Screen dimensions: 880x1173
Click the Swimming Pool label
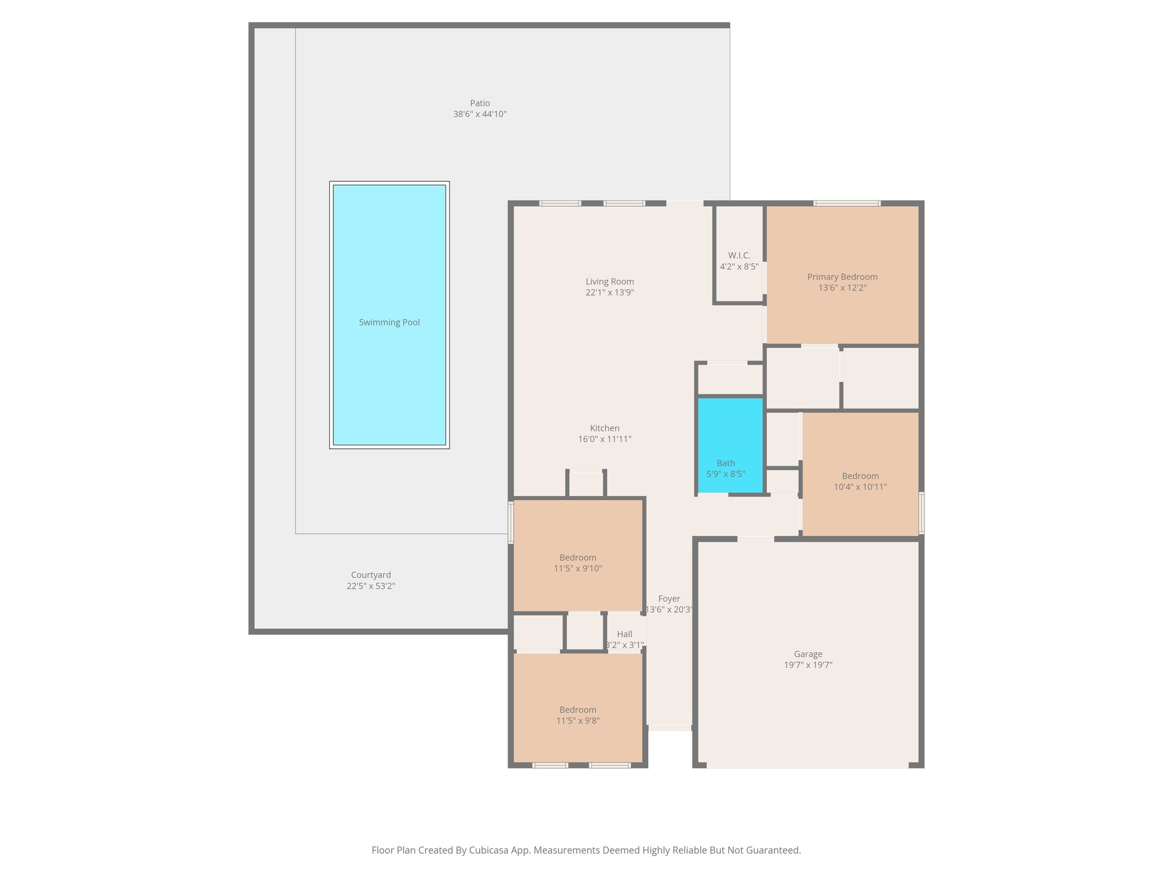389,323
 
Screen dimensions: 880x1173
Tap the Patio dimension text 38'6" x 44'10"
479,114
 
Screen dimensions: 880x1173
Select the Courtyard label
371,575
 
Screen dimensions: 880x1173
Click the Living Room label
609,281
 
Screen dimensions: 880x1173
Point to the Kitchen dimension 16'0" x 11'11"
604,439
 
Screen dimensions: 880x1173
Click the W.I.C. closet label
739,256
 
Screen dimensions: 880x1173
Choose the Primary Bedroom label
842,277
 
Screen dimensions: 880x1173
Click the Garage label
808,654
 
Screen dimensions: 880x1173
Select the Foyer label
668,599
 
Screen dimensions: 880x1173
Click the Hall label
624,634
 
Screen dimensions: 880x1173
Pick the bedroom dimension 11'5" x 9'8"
577,721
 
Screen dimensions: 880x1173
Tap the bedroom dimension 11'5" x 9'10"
577,568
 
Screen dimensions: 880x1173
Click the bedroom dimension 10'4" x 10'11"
860,487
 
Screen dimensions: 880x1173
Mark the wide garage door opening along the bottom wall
807,765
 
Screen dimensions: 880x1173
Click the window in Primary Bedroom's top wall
847,203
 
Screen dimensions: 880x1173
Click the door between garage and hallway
755,539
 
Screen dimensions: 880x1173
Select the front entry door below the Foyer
669,728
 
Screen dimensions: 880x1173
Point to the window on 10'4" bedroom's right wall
921,513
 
